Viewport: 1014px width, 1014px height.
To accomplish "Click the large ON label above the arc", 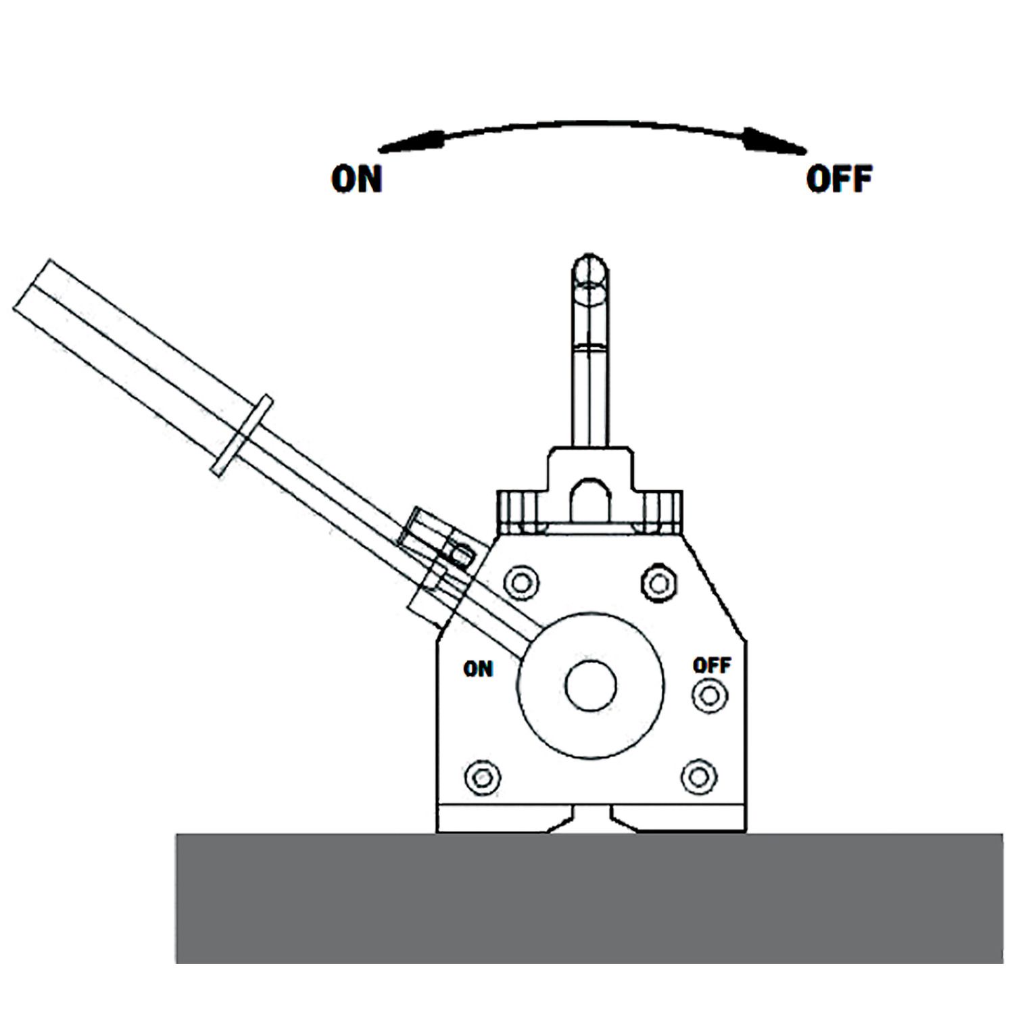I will (357, 179).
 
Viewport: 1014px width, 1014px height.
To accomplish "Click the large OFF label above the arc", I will (839, 179).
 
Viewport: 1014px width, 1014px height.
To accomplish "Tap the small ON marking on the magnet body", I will (478, 669).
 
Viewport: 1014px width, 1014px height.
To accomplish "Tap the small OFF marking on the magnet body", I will (712, 666).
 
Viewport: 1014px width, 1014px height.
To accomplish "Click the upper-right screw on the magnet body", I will (659, 581).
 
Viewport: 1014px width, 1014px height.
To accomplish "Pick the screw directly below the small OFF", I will (709, 695).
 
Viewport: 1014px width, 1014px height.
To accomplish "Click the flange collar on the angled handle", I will (242, 435).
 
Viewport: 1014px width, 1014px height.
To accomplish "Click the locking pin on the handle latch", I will (462, 554).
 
